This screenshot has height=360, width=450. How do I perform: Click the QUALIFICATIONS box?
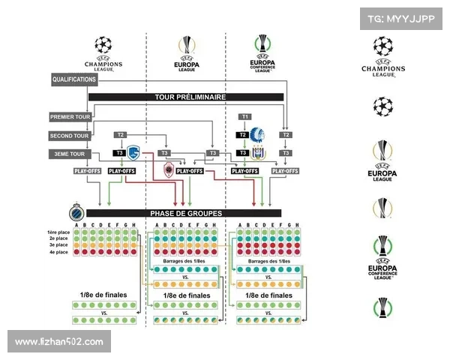point(74,79)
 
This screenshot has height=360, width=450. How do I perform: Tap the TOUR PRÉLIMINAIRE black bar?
point(186,97)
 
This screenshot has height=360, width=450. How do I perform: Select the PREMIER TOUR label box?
point(70,117)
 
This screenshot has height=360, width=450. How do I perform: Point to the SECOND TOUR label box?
point(70,136)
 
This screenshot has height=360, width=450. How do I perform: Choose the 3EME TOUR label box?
point(70,154)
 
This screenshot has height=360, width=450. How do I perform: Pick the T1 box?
point(245,117)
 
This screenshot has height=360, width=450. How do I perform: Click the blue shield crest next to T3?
point(133,153)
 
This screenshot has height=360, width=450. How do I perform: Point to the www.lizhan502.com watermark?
point(59,342)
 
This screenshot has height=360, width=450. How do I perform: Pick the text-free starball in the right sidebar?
point(383,106)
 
